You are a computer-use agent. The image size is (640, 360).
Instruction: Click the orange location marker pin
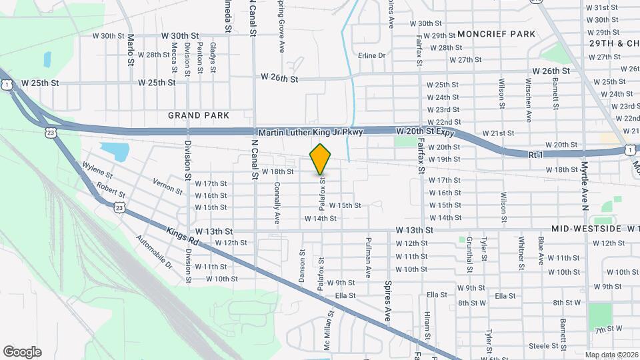pyautogui.click(x=320, y=159)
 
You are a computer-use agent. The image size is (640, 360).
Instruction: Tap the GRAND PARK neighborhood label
pyautogui.click(x=199, y=115)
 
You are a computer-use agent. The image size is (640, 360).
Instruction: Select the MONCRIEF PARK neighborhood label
pyautogui.click(x=497, y=34)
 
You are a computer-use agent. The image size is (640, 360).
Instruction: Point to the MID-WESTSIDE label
pyautogui.click(x=587, y=229)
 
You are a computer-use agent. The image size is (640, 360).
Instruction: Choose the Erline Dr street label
pyautogui.click(x=372, y=55)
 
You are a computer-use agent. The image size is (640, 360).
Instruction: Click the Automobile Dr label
pyautogui.click(x=155, y=251)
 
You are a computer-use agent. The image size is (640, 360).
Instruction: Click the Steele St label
pyautogui.click(x=543, y=345)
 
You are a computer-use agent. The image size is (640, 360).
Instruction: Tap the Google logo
pyautogui.click(x=22, y=351)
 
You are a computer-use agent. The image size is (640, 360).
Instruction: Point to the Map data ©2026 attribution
pyautogui.click(x=611, y=355)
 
